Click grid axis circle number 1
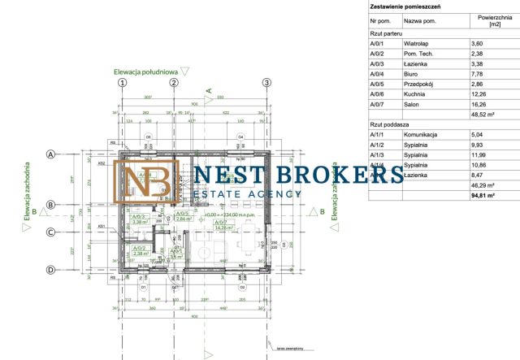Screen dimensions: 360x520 tap(122, 82)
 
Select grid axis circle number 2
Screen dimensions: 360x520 tap(173, 82)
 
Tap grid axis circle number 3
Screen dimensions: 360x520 tap(266, 82)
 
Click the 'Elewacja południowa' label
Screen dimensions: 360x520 tap(145, 72)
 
